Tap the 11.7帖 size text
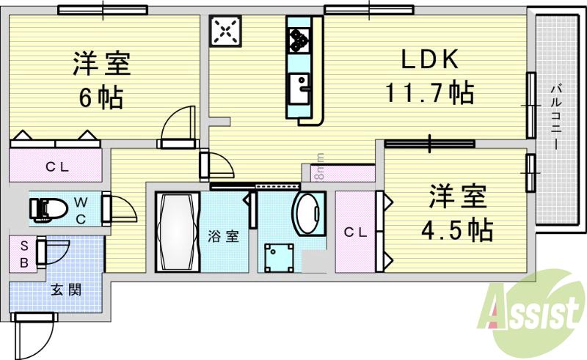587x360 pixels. [x=430, y=93]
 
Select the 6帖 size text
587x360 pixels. [x=101, y=97]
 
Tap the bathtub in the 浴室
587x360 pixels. [x=176, y=231]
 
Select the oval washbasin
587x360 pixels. [x=309, y=213]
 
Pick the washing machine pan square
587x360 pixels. [x=278, y=257]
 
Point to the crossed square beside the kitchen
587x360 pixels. [x=224, y=32]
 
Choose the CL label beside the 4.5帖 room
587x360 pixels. [x=356, y=232]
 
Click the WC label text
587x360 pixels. [x=81, y=209]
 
